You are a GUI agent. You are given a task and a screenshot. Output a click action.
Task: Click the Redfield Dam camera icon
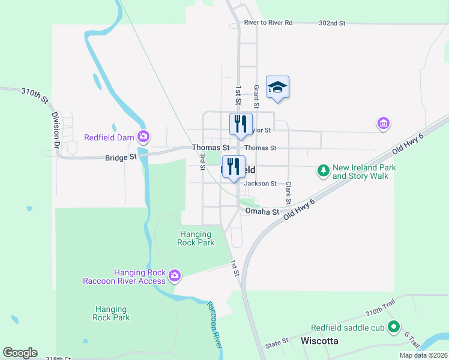[x=143, y=137]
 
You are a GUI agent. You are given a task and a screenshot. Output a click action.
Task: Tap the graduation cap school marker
[x=277, y=88]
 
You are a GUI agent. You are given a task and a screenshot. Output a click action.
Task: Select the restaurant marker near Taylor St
[x=241, y=124]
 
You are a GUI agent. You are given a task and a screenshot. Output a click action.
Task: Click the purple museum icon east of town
[x=383, y=124]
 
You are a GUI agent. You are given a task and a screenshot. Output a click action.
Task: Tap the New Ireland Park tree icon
[x=324, y=172]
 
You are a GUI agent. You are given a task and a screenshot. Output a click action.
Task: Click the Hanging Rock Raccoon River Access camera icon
[x=175, y=276]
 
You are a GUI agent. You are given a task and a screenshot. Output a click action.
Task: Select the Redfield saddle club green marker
[x=394, y=328]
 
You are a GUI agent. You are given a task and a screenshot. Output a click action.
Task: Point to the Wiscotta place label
[x=319, y=341]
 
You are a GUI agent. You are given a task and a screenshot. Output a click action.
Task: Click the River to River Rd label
[x=268, y=23]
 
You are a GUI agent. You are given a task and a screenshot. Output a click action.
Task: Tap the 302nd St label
[x=332, y=23]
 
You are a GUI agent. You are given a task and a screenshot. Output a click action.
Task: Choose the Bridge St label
[x=121, y=157]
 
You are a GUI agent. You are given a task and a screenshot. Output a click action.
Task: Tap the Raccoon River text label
[x=214, y=325]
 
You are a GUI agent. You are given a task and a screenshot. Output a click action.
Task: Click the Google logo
[x=20, y=353]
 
